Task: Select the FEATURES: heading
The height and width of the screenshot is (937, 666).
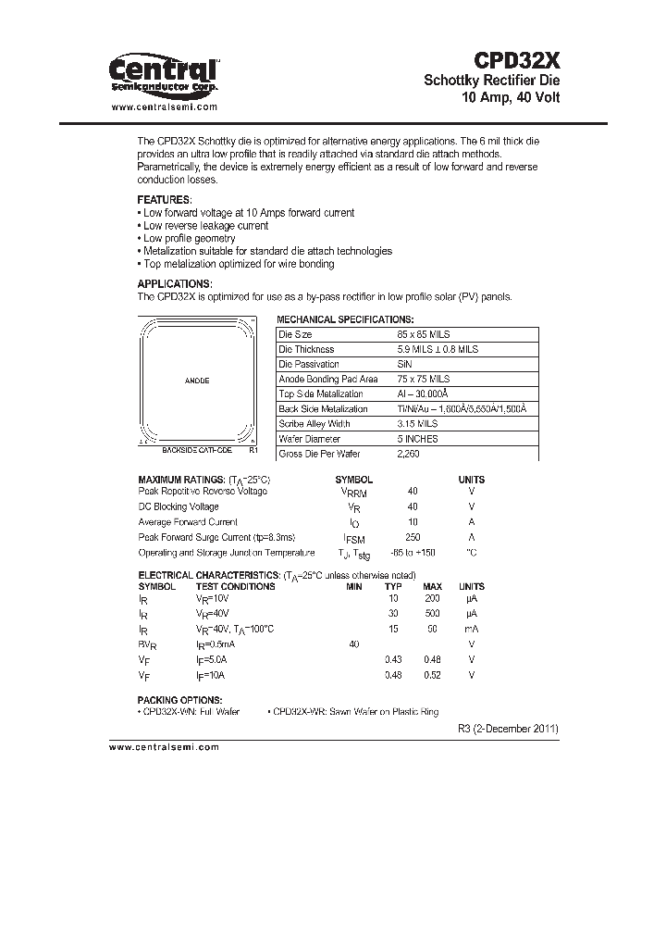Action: click(165, 200)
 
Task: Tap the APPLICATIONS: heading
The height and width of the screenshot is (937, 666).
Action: click(174, 284)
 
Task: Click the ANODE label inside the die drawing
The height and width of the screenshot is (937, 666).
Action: click(197, 381)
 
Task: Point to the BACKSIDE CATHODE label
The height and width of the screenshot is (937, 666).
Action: click(197, 449)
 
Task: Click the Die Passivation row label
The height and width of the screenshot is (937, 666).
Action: click(309, 364)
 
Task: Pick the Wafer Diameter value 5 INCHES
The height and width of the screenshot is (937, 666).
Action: click(416, 439)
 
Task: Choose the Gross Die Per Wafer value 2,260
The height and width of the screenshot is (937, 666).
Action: click(408, 454)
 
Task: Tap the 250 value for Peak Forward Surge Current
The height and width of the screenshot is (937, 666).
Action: click(413, 537)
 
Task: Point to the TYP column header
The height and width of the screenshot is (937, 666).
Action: click(393, 587)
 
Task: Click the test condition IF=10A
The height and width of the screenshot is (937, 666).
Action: click(210, 675)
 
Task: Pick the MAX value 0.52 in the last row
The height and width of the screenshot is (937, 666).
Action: click(432, 675)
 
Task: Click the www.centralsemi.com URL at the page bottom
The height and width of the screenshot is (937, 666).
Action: click(165, 746)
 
